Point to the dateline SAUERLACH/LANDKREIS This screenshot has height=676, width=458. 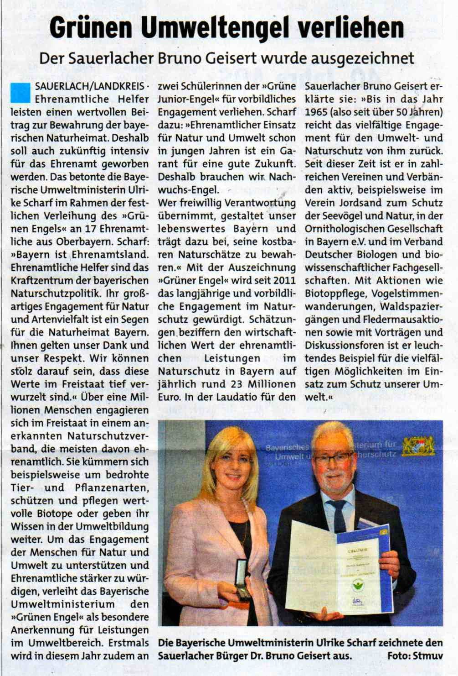coord(89,86)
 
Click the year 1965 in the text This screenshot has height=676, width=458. coord(316,112)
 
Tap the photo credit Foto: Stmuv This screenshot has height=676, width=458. coord(415,656)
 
